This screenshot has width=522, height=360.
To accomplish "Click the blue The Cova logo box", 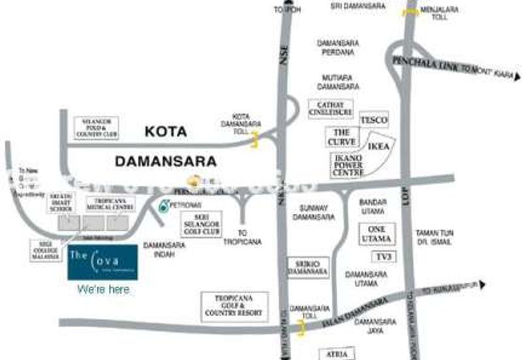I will [102, 262].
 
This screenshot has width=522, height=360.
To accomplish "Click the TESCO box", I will [374, 120].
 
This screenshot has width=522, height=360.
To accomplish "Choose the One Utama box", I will [377, 233].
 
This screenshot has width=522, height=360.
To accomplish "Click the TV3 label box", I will [382, 256].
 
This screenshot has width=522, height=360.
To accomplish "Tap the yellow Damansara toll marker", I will [301, 329].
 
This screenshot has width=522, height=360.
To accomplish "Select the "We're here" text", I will [103, 288].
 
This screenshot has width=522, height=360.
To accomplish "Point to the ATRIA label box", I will [337, 353].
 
